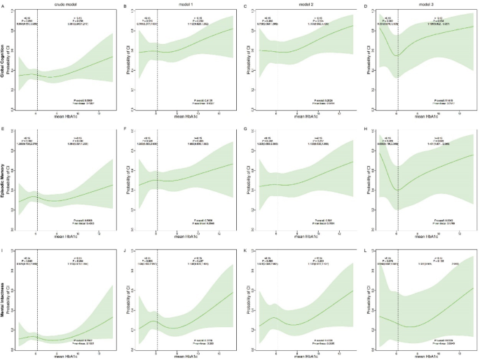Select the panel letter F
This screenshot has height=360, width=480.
pos(125,129)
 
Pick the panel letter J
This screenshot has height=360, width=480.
pos(125,250)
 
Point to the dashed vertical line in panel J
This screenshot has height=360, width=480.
pos(157,301)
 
